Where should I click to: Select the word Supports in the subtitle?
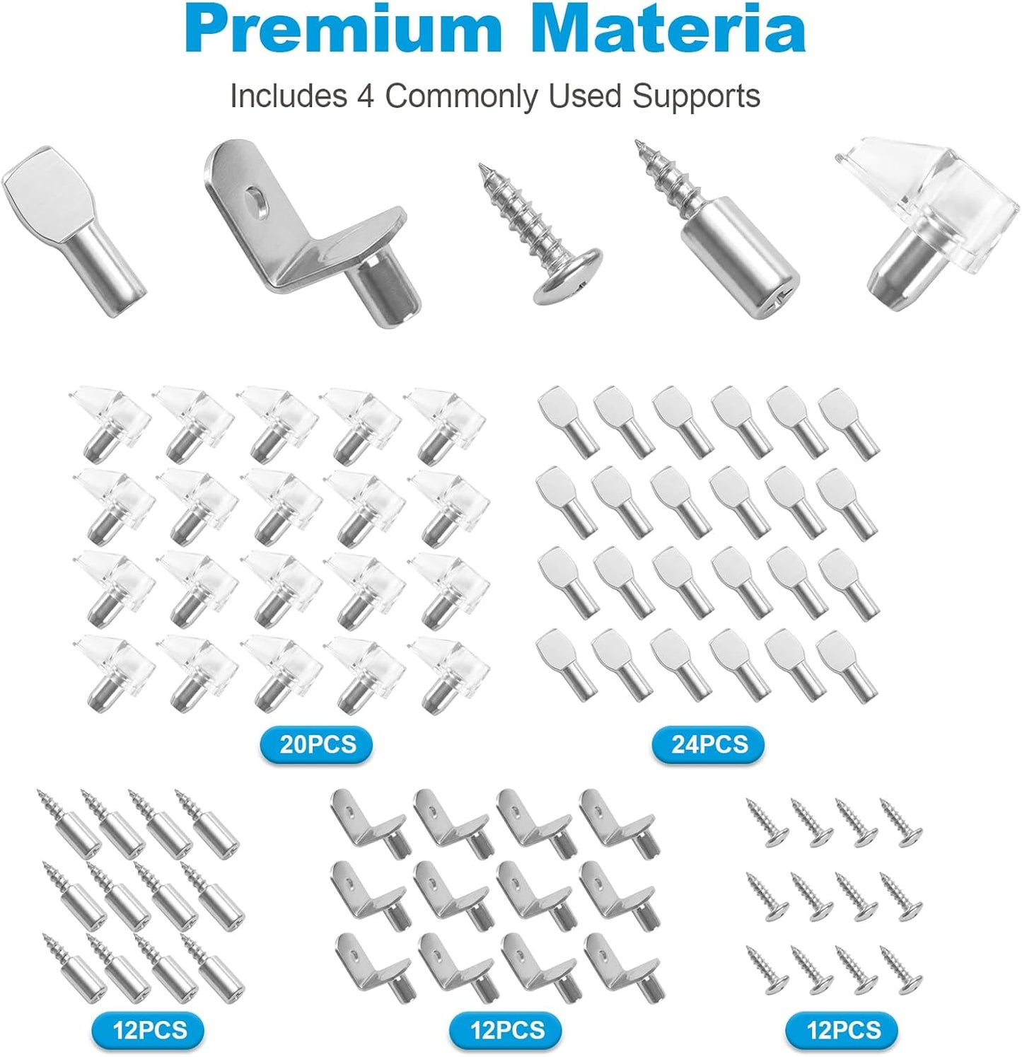[x=696, y=96]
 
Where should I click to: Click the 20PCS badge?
[x=317, y=744]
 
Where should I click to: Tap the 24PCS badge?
[x=709, y=744]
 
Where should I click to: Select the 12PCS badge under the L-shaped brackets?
[x=506, y=1029]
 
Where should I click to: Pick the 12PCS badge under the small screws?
[x=842, y=1029]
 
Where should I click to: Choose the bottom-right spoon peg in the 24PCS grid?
[x=848, y=664]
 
